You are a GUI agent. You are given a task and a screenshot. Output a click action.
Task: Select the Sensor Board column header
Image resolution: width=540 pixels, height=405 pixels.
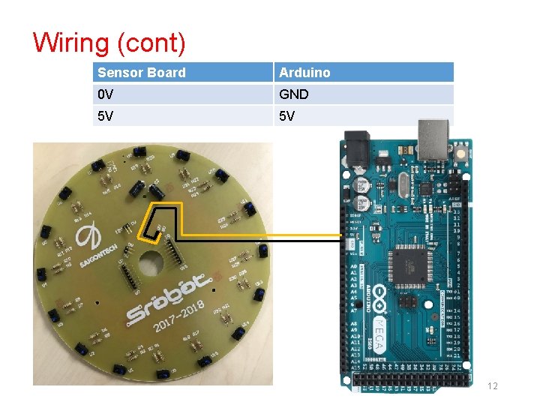[x=142, y=73]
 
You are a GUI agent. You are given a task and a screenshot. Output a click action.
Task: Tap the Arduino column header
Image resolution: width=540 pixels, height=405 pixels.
[x=304, y=73]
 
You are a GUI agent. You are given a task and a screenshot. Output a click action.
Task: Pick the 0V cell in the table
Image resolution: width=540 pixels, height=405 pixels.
[x=106, y=94]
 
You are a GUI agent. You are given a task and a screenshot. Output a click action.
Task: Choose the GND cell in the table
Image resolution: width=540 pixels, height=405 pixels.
[x=294, y=94]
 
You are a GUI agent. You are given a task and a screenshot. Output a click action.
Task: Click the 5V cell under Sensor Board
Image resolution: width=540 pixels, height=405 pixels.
[x=106, y=116]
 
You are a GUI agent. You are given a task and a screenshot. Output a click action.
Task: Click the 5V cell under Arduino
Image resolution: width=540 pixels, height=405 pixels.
[x=288, y=116]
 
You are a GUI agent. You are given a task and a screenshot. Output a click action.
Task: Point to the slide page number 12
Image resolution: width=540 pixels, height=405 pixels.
[x=493, y=386]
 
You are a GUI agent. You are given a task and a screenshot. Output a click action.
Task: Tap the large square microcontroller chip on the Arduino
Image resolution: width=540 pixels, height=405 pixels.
[x=411, y=263]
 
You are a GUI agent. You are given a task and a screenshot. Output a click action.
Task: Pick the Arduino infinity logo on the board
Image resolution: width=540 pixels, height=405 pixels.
[x=380, y=295]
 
